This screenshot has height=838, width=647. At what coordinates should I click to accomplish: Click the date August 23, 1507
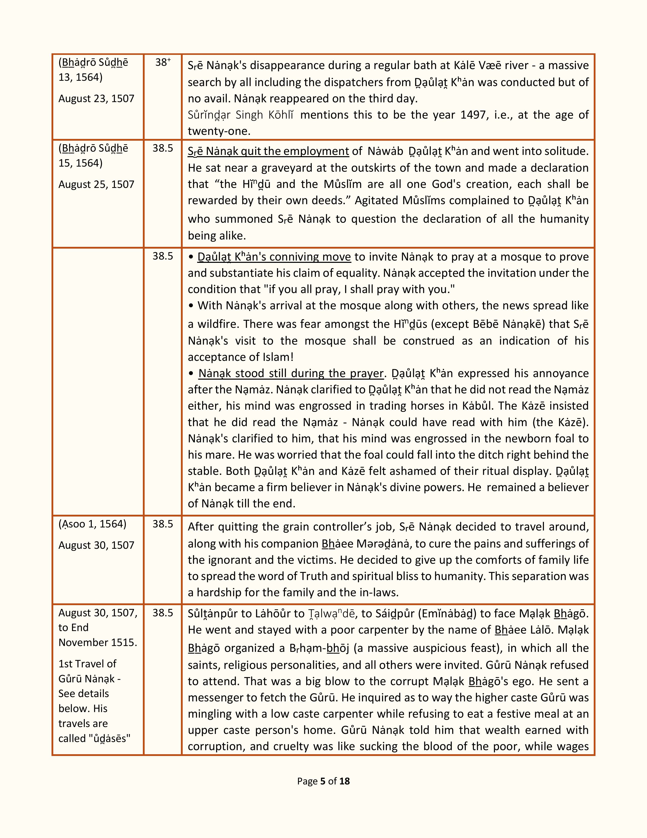tap(96, 99)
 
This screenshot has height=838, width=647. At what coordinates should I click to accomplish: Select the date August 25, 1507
tap(96, 185)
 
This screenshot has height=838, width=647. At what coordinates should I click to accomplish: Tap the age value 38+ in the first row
tap(163, 62)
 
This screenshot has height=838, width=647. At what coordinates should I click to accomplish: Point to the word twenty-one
tap(218, 131)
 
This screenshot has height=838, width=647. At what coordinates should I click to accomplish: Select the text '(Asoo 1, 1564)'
tap(92, 524)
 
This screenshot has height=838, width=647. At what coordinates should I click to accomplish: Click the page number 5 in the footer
tap(323, 781)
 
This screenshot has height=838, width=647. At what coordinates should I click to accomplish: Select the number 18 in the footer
tap(345, 781)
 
